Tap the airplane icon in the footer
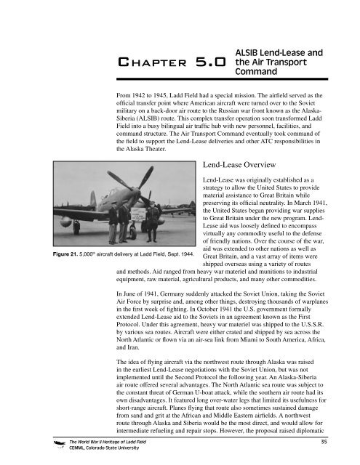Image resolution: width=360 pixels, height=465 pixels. pos(34,444)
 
